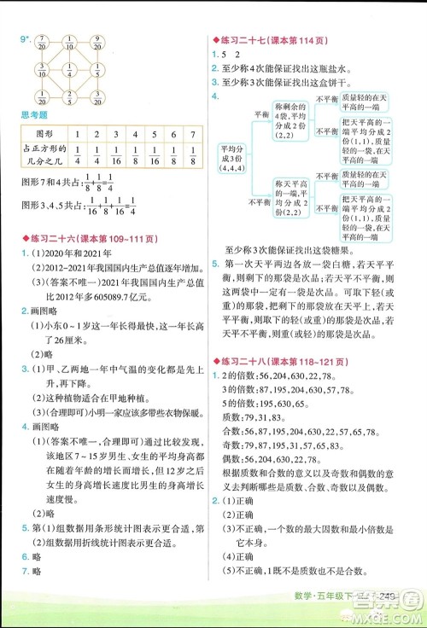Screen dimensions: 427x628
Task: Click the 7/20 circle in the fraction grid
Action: click(43, 44)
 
